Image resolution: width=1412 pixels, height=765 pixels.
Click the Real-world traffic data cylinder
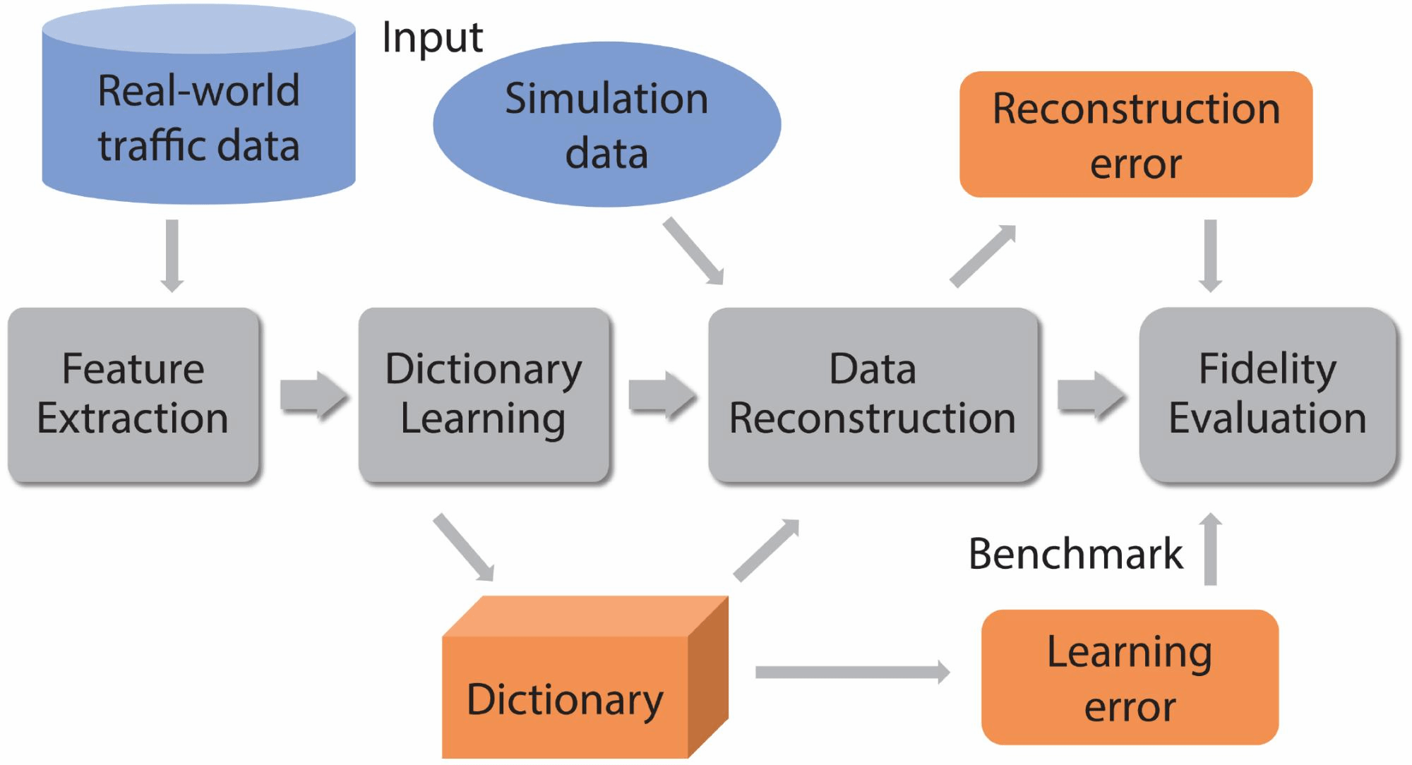[x=198, y=116]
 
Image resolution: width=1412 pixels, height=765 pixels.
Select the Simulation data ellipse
[x=606, y=125]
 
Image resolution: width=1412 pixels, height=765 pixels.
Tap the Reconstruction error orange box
[x=1135, y=134]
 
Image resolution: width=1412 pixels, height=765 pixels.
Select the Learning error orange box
[x=1130, y=677]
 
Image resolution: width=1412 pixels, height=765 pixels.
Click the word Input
[x=432, y=37]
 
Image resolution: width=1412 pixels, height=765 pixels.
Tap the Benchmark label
[x=1075, y=553]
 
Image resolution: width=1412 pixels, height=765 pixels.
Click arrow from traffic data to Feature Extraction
[x=172, y=255]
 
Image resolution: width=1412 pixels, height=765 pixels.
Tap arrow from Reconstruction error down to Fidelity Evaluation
[x=1210, y=255]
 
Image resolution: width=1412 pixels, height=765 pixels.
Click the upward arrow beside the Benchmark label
[x=1210, y=549]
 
